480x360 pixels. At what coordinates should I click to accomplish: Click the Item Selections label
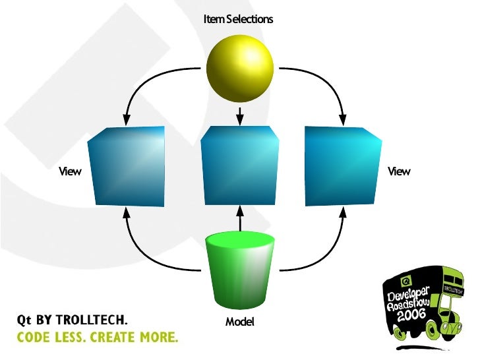[x=239, y=19]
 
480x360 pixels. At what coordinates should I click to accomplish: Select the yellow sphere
[x=239, y=69]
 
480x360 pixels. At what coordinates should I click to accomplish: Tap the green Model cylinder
[x=240, y=271]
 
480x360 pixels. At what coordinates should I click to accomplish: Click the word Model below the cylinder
[x=239, y=322]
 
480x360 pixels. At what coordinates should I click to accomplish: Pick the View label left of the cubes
[x=70, y=171]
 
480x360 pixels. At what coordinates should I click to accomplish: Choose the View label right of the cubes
[x=399, y=171]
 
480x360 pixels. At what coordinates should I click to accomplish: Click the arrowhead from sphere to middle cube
[x=240, y=119]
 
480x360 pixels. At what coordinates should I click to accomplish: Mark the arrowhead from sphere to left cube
[x=125, y=119]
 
